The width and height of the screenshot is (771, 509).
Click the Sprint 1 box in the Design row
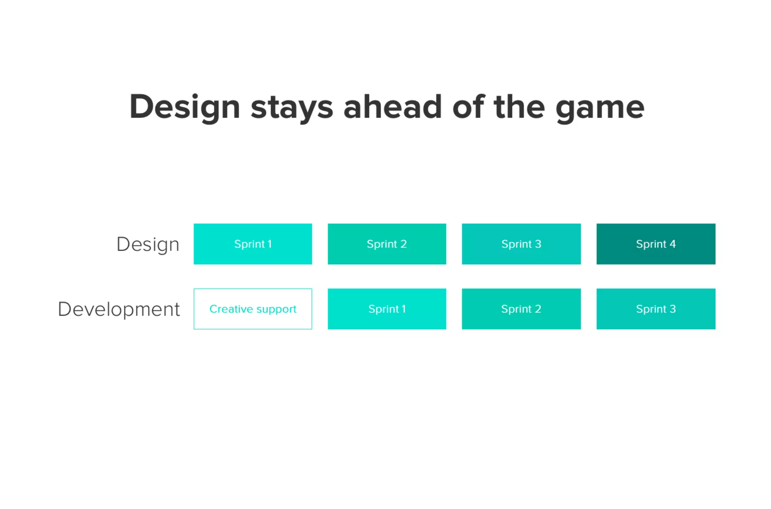click(253, 244)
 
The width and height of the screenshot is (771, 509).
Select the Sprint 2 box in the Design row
click(387, 244)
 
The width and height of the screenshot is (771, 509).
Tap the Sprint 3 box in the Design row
click(521, 244)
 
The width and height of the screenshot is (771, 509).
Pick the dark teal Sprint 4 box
click(656, 244)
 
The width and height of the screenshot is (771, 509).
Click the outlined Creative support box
click(253, 309)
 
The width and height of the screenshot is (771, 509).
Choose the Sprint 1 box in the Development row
click(387, 309)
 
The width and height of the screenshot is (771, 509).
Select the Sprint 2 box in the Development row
click(521, 309)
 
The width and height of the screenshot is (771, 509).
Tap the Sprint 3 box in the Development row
click(656, 309)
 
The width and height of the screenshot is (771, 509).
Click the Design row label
click(148, 245)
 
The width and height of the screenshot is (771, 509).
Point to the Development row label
click(119, 309)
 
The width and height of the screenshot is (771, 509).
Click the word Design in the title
click(184, 107)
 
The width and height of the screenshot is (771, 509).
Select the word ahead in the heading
click(393, 107)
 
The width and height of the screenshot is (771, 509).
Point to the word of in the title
click(468, 107)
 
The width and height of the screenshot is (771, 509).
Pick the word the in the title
click(520, 107)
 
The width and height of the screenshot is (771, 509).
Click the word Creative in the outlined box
click(231, 309)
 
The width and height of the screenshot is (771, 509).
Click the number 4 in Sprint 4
click(672, 244)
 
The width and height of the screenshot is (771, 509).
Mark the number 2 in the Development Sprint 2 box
click(538, 309)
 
